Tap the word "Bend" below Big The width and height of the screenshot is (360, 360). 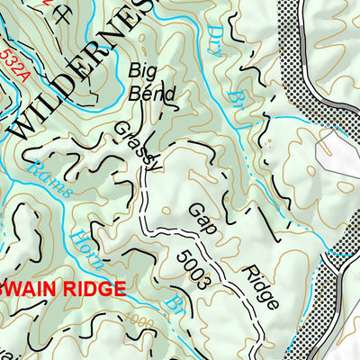click(x=148, y=91)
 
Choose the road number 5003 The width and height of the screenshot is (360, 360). click(x=193, y=267)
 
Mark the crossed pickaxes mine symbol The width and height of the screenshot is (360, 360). click(x=61, y=13)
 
